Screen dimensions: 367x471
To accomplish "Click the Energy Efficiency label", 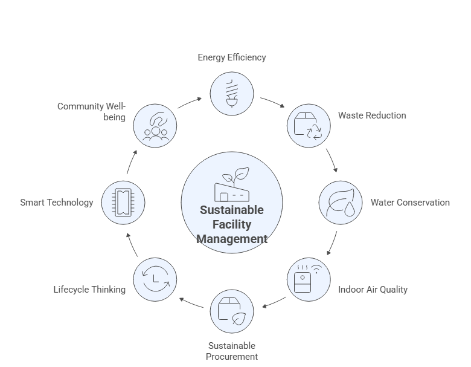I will [x=232, y=57].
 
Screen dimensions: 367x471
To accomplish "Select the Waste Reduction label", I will [x=372, y=115].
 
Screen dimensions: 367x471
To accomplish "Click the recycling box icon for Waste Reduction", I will [x=308, y=126].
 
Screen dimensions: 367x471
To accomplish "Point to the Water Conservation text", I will [x=410, y=203].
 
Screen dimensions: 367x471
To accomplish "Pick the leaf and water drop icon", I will [x=341, y=203].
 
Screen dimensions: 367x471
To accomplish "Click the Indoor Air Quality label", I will [x=373, y=289].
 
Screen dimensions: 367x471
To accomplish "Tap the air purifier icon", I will [x=308, y=279].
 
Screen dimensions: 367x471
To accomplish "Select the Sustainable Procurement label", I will [x=232, y=351].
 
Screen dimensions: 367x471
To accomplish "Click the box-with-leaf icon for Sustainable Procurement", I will [x=232, y=312].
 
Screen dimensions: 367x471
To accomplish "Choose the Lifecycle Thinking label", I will [x=89, y=289].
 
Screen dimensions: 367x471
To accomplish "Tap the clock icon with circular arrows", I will [x=155, y=279].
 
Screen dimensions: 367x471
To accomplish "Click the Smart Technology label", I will [x=57, y=203].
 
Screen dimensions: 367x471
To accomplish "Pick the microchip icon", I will [x=123, y=203].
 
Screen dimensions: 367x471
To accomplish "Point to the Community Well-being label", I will [x=92, y=111].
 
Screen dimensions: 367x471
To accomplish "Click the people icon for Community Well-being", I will [x=155, y=126].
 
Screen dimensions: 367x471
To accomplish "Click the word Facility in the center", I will [x=232, y=224].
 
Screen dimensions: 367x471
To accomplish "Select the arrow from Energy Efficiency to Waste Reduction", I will [x=271, y=101].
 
